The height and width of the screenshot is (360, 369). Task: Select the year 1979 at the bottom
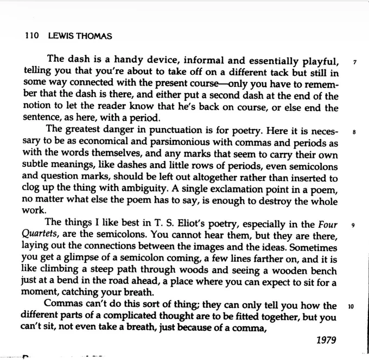point(326,340)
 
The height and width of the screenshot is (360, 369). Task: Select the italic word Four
point(328,224)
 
